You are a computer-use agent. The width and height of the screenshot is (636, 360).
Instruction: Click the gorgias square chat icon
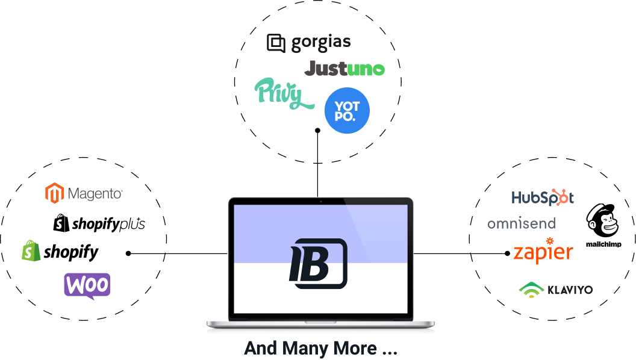(x=276, y=43)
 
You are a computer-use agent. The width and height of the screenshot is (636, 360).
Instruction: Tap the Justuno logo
(x=344, y=69)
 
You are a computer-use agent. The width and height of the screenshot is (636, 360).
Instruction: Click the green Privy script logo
(x=283, y=94)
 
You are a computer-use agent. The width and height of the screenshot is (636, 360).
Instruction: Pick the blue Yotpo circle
(x=346, y=110)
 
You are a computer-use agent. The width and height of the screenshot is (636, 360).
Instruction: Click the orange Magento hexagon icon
(x=55, y=193)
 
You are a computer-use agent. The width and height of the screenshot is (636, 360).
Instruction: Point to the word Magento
(x=95, y=194)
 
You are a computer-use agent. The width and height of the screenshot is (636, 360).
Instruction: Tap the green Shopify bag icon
(x=31, y=250)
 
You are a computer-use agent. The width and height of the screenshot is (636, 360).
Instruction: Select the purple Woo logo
(x=87, y=285)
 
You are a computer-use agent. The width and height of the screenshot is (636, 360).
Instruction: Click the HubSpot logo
(x=542, y=197)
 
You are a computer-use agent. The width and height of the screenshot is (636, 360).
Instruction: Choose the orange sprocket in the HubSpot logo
(x=562, y=196)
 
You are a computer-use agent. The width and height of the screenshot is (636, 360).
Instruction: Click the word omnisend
(x=521, y=224)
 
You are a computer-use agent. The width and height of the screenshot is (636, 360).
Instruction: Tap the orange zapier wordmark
(x=543, y=253)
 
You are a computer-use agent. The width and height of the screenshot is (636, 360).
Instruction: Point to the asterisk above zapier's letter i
(x=549, y=241)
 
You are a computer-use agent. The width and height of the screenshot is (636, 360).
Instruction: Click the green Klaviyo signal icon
(x=531, y=290)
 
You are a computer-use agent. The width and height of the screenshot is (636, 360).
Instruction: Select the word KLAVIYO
(x=570, y=290)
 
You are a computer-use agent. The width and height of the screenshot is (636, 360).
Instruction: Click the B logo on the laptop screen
(x=318, y=264)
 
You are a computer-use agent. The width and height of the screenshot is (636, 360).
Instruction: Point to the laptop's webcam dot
(x=320, y=201)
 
